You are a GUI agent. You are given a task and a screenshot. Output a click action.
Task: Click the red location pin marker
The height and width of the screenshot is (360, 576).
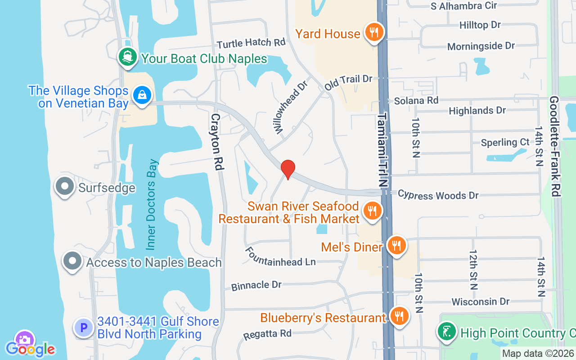point(288,169)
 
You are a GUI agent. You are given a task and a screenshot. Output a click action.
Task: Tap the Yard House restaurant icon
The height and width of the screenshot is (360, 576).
point(373,32)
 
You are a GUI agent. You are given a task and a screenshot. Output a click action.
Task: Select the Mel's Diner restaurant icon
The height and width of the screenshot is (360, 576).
point(396,246)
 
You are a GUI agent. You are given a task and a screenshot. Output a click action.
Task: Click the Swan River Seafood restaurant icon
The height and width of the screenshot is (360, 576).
point(372,210)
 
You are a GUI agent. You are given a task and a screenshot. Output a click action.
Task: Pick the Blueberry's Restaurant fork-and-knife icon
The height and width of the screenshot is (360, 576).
point(398,316)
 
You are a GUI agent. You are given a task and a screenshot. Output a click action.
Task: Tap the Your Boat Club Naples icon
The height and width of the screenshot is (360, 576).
point(128,57)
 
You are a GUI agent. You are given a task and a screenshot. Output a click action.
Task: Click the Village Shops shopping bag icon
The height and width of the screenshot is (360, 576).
point(142,95)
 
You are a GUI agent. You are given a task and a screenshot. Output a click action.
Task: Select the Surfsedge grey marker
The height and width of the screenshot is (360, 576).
point(64,186)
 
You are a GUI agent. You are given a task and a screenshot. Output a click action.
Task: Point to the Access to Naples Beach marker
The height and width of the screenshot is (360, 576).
point(72,261)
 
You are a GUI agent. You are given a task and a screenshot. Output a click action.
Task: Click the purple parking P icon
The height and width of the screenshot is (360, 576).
point(83,328)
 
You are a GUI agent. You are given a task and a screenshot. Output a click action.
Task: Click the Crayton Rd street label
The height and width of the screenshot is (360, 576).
point(217,141)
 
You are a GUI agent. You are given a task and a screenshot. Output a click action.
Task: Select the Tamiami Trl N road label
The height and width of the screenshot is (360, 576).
point(382,150)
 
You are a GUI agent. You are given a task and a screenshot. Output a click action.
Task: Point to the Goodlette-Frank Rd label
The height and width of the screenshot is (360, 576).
point(554,146)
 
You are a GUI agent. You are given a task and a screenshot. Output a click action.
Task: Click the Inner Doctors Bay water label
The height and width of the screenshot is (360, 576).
point(153,204)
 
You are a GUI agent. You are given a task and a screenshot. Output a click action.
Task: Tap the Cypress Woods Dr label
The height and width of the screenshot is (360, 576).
point(438,195)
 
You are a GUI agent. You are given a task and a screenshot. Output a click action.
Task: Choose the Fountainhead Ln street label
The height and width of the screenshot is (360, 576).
point(287,256)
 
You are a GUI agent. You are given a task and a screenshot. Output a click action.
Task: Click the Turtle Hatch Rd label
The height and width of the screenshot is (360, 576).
point(251,43)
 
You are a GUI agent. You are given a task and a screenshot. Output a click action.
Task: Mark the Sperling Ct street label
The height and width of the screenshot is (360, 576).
point(505,142)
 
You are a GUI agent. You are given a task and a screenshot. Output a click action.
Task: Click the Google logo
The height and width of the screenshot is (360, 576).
point(30,349)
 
